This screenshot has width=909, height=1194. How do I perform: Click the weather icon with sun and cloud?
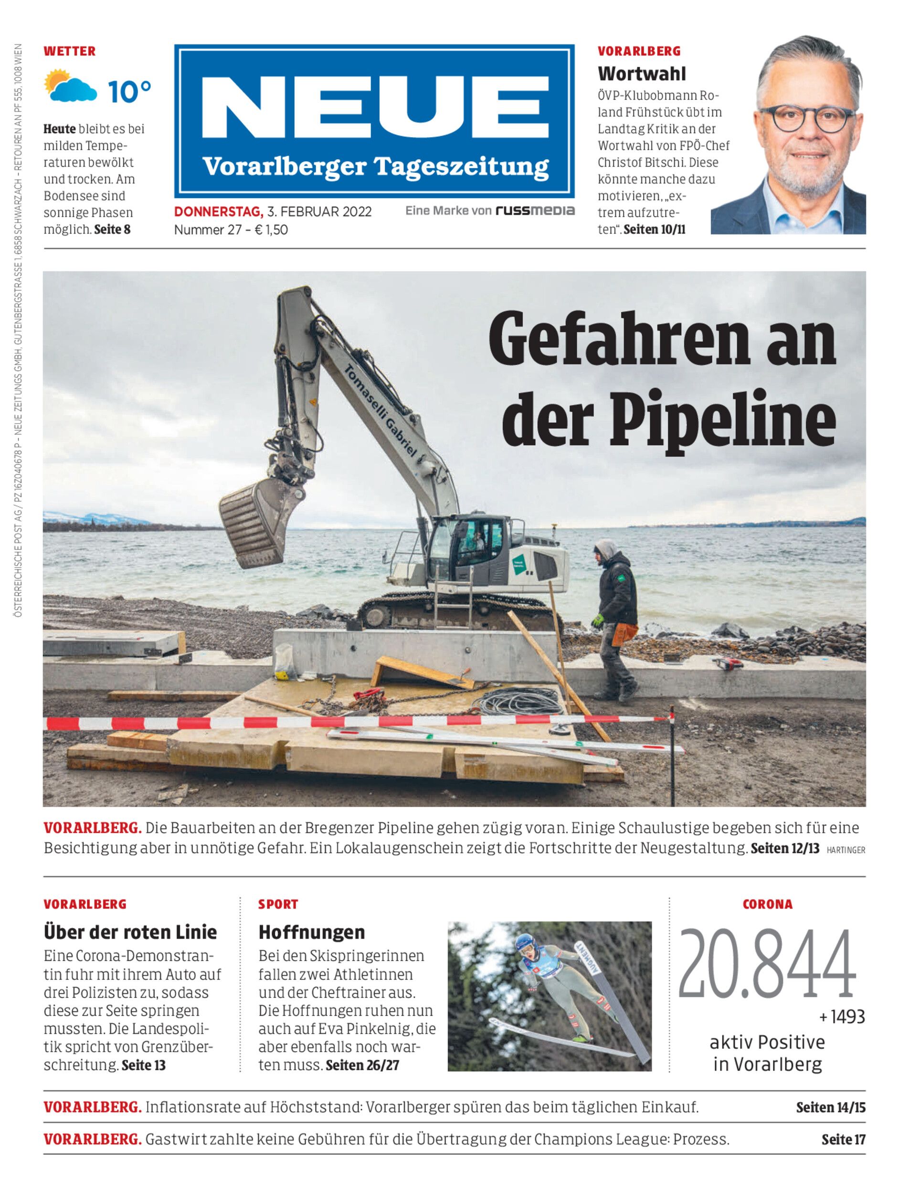(70, 85)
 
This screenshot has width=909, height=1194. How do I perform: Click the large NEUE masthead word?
(374, 109)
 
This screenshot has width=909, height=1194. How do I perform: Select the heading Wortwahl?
(641, 73)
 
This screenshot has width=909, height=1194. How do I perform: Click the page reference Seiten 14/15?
(830, 1108)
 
